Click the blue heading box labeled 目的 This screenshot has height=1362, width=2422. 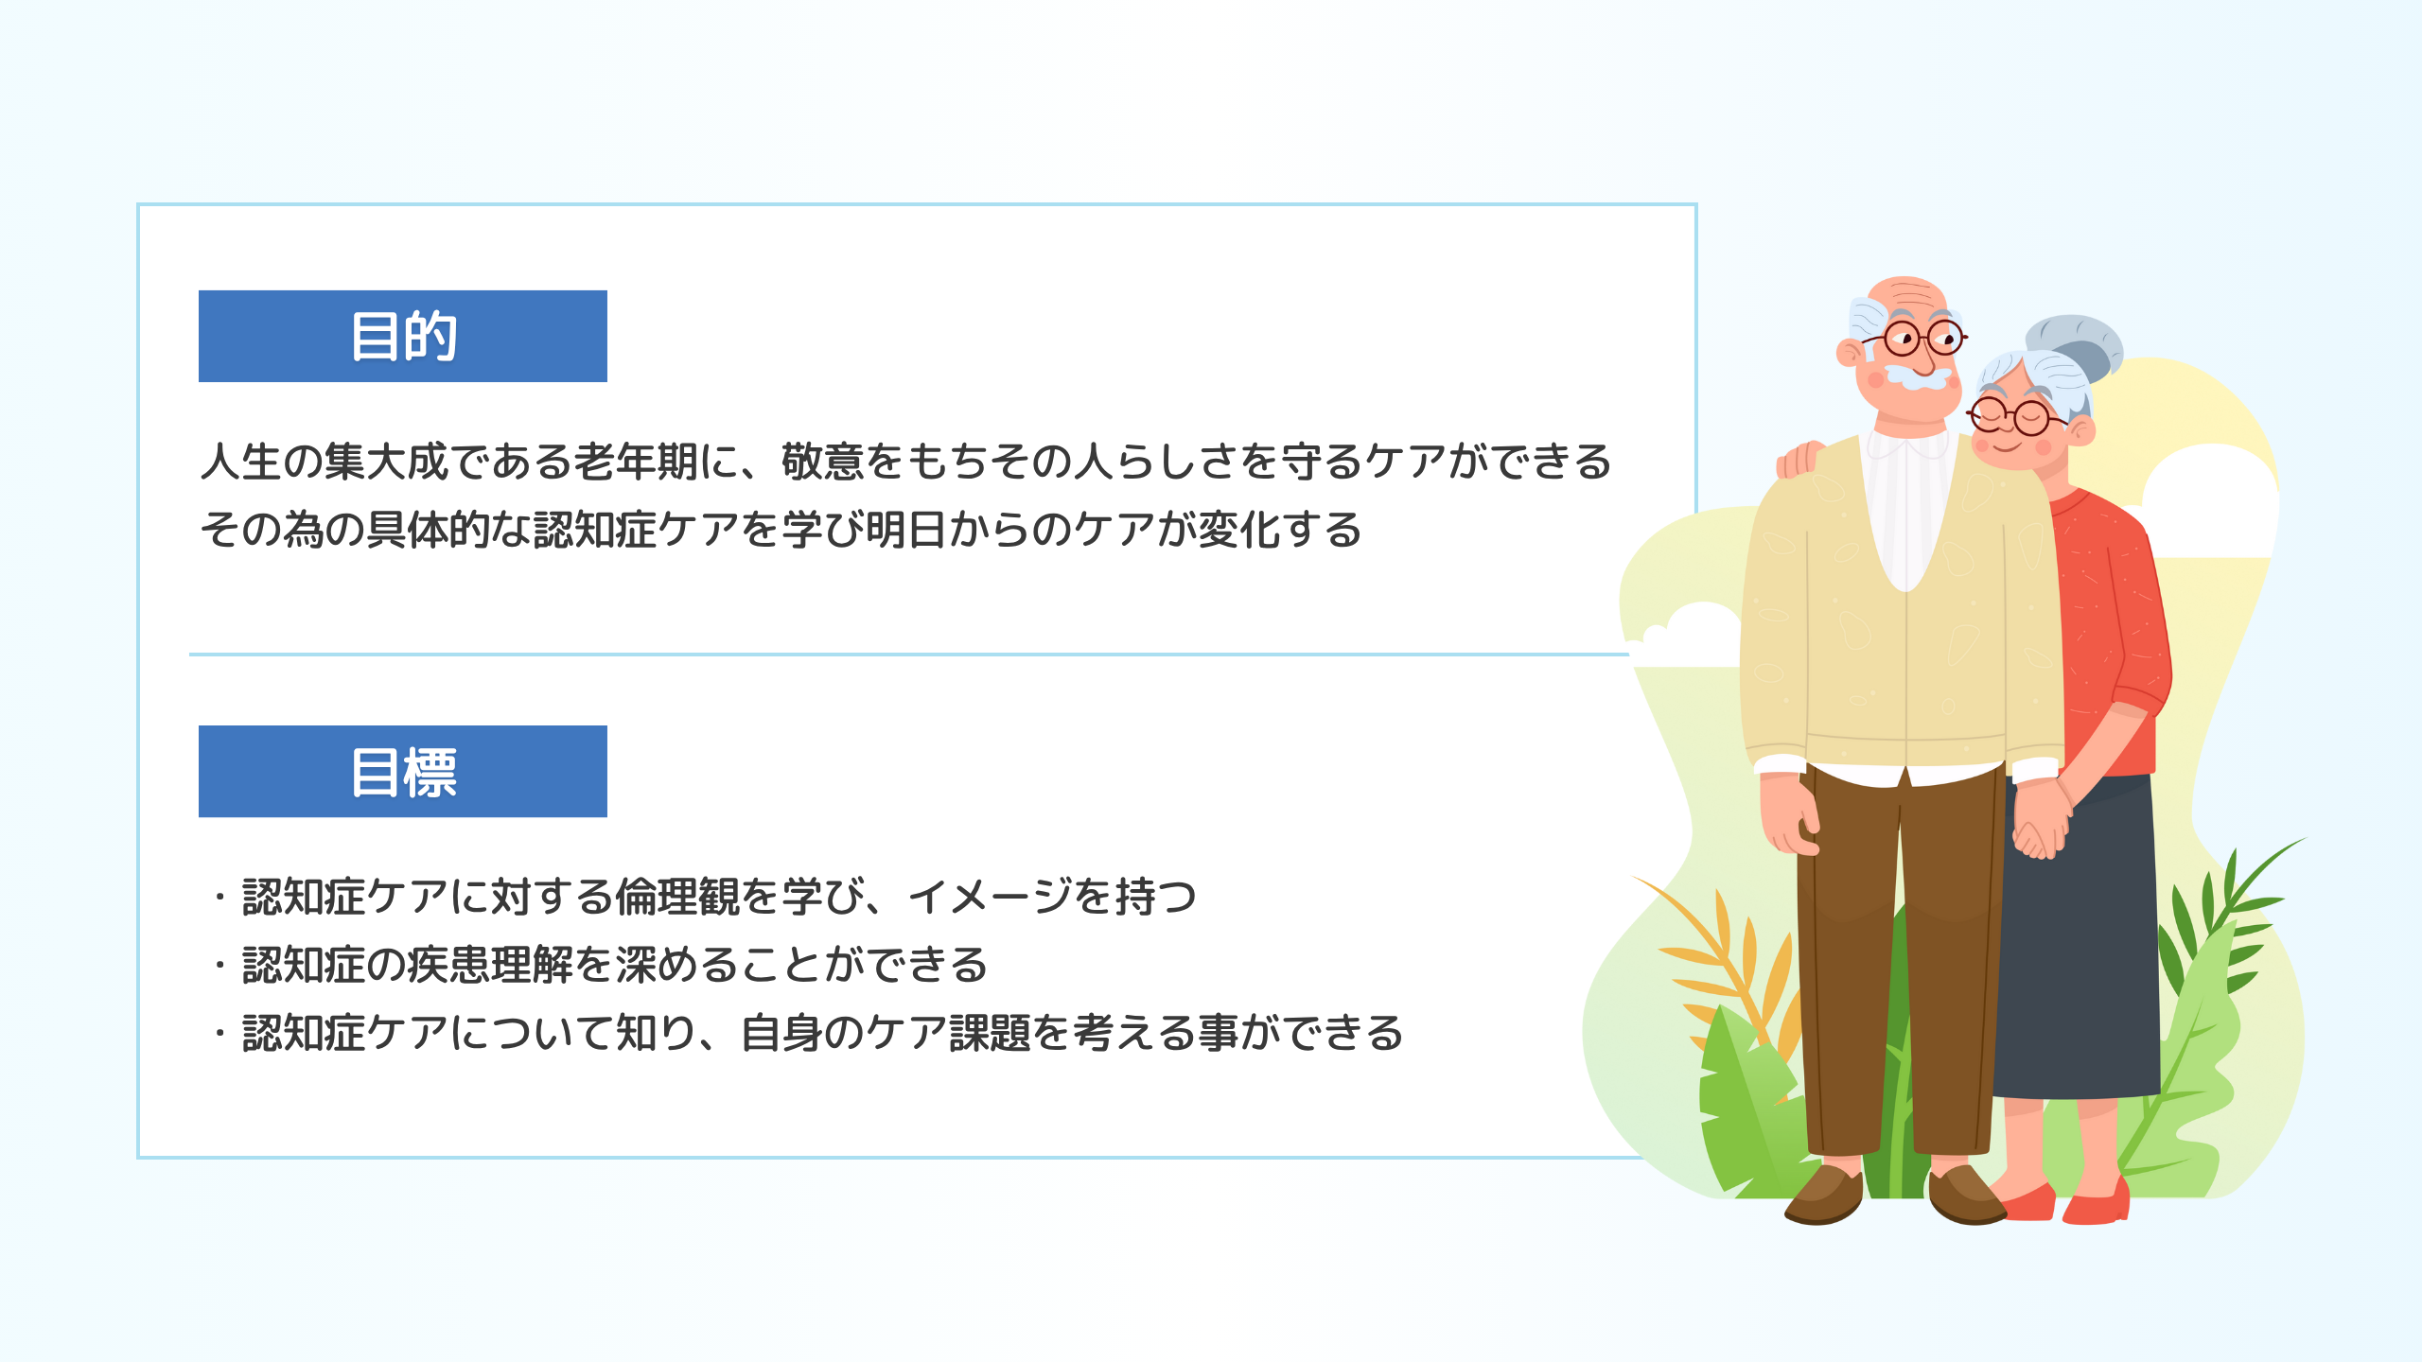402,336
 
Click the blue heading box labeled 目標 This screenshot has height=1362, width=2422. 402,771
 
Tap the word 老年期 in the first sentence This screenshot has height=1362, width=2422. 636,462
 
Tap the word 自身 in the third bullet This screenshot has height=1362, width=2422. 781,1033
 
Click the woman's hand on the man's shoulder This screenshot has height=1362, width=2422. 1799,460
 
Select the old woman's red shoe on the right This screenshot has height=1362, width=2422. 2096,1203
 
